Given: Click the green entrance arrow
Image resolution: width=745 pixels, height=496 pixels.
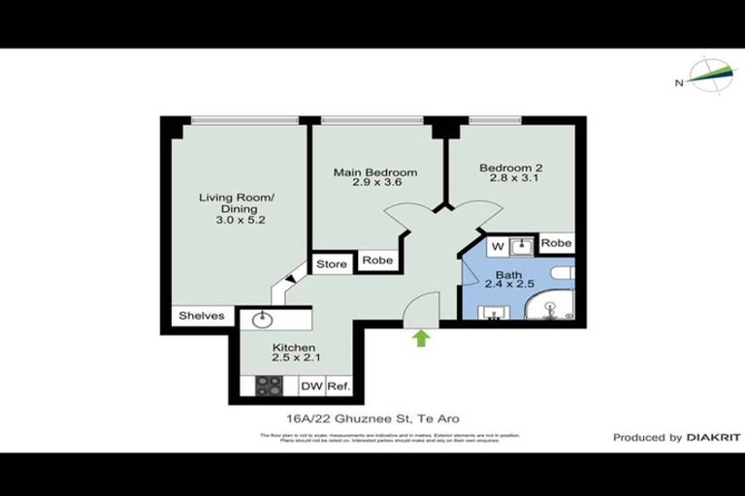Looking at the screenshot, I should (x=421, y=338).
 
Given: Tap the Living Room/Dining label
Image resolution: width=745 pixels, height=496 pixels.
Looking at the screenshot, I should (x=237, y=203).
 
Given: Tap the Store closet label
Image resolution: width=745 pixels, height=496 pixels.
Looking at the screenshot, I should (x=331, y=262).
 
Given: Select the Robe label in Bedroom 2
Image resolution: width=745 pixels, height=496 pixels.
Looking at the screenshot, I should (x=556, y=243).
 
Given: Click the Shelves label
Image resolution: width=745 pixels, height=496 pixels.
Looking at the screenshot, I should (x=202, y=316).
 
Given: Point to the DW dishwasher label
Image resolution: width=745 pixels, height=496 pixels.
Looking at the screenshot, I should (x=310, y=387).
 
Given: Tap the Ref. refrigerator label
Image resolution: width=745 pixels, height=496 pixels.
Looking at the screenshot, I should (x=338, y=387).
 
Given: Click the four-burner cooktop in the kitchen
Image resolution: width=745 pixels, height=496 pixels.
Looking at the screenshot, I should (x=268, y=386).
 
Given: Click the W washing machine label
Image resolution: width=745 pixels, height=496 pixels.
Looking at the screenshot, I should (x=494, y=244).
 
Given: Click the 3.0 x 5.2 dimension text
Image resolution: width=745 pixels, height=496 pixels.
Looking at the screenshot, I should (x=237, y=221).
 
